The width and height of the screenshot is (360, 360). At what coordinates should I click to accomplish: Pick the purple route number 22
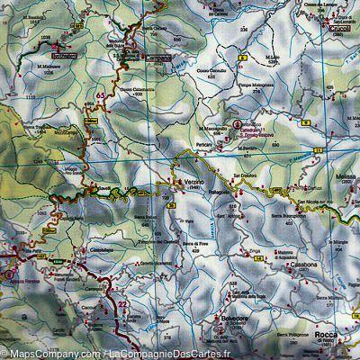[122, 305]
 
